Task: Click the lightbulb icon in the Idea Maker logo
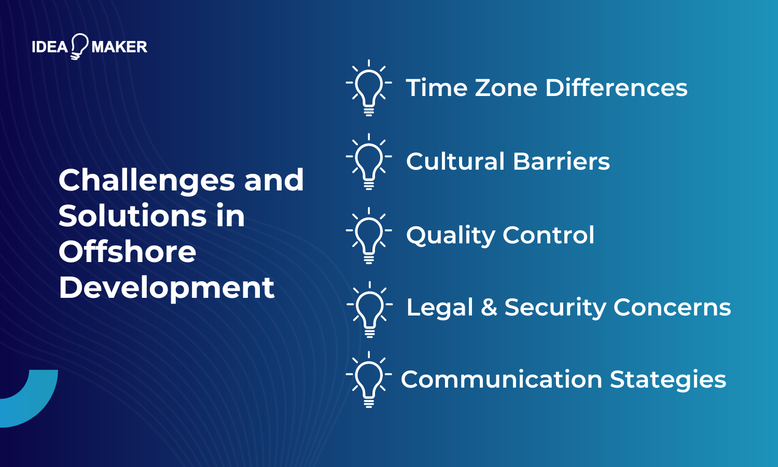(x=79, y=46)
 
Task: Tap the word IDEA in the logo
(x=50, y=47)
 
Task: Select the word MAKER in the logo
(x=119, y=47)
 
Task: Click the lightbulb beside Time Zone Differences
(x=369, y=87)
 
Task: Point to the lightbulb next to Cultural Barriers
(x=369, y=160)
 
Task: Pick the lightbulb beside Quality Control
(x=369, y=235)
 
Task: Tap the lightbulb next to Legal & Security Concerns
(x=369, y=308)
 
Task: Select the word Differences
(x=616, y=88)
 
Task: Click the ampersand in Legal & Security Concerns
(x=489, y=308)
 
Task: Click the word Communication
(x=501, y=379)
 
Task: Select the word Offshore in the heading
(x=128, y=252)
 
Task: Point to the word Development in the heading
(x=166, y=288)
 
